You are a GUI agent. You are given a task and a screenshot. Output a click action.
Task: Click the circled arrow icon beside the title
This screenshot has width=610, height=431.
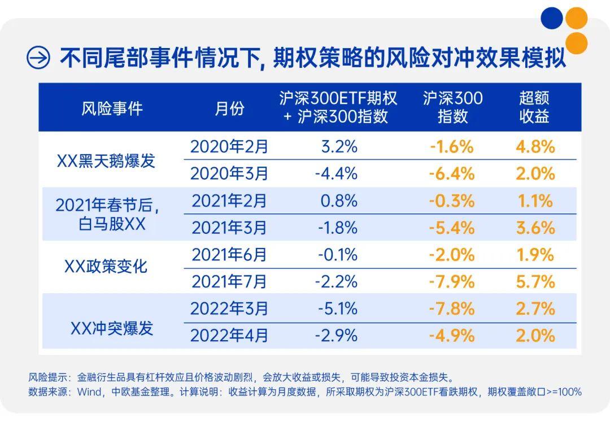(38, 58)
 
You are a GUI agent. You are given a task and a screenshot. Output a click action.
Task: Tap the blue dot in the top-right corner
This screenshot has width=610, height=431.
(552, 18)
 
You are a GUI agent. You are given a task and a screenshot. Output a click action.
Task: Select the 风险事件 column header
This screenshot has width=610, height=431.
(112, 108)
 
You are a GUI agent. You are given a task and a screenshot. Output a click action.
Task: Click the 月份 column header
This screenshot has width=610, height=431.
(229, 108)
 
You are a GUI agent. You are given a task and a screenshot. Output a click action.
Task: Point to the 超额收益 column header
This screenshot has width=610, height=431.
(534, 107)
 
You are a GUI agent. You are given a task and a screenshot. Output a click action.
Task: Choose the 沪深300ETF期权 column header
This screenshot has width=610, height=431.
(338, 107)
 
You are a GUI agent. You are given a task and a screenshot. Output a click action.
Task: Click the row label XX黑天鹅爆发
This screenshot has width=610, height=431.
(106, 161)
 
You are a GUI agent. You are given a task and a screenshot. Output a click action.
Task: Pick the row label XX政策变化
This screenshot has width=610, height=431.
(106, 266)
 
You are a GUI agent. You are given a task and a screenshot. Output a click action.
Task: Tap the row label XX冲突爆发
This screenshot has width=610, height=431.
(112, 328)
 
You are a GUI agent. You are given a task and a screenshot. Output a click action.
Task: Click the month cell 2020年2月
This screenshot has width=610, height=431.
(229, 147)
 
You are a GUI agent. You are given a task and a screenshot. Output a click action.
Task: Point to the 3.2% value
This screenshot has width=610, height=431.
(339, 147)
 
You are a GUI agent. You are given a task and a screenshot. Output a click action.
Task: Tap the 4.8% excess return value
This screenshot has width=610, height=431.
(535, 147)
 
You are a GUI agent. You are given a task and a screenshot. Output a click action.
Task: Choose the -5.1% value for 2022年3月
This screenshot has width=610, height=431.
(337, 309)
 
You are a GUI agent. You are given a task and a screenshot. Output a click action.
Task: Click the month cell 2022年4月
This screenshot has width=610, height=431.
(229, 336)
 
